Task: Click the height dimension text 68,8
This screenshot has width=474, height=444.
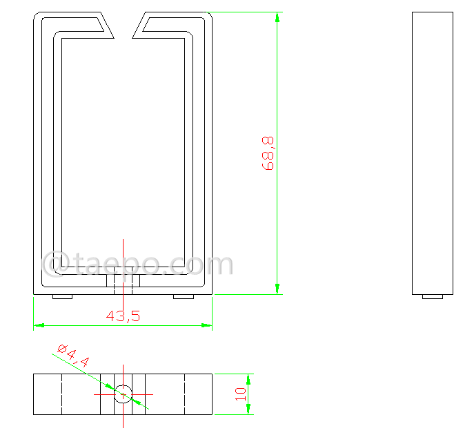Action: [x=268, y=153]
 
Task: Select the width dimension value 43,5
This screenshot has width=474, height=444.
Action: [x=123, y=316]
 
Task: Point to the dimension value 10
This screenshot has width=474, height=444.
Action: [x=241, y=394]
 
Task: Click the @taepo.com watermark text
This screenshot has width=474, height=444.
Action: [x=138, y=264]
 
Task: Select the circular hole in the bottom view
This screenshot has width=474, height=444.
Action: [x=124, y=394]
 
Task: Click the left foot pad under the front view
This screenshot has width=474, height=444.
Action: [x=63, y=297]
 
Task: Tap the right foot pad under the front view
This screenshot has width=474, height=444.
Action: [x=184, y=297]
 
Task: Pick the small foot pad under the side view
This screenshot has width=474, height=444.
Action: [x=433, y=297]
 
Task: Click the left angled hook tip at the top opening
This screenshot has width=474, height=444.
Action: [x=107, y=26]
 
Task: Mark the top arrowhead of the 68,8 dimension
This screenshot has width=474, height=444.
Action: [x=277, y=17]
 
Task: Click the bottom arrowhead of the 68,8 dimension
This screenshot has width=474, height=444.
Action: [x=277, y=289]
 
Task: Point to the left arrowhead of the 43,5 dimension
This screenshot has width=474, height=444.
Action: [x=39, y=325]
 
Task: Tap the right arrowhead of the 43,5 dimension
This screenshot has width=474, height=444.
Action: [x=207, y=325]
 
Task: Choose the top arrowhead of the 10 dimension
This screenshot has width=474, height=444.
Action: [x=248, y=378]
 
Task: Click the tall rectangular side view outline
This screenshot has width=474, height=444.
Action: [x=433, y=152]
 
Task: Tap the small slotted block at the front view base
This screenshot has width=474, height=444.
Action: [x=124, y=281]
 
